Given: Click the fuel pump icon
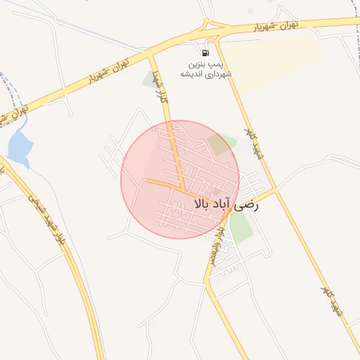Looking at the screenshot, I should (x=205, y=53).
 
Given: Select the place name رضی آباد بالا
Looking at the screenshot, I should (x=225, y=205).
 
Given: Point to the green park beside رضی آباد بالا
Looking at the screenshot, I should (x=240, y=226).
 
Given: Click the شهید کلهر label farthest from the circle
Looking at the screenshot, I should (x=331, y=301).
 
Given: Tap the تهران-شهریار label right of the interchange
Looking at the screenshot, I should (x=274, y=27).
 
